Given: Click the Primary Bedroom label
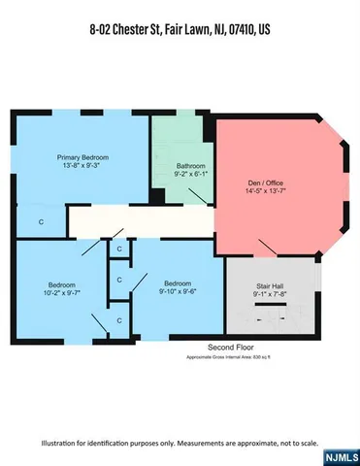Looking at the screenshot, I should coord(82,157).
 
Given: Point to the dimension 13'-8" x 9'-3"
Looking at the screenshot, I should coord(82,167).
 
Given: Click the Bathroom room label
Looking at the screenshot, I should coord(190,165).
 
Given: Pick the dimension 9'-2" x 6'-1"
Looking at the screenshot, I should coord(190,175).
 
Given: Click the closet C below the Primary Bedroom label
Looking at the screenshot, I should coord(41,222).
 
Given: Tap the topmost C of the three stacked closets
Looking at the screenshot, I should coord(119,250).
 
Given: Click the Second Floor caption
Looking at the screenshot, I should coord(231,347).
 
